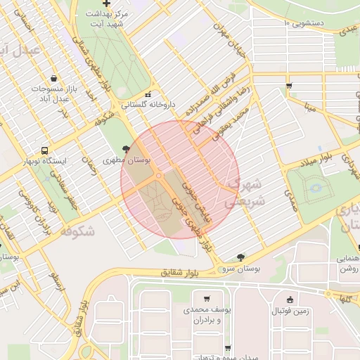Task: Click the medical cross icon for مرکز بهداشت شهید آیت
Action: point(106,4)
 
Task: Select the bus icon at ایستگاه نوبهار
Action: point(45,150)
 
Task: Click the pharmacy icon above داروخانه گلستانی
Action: point(148,94)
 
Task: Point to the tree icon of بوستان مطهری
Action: point(126,149)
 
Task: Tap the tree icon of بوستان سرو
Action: point(241,257)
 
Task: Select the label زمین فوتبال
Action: point(294,310)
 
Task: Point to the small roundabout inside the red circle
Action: point(160,175)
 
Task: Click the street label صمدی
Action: point(291,200)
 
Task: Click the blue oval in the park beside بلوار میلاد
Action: point(316,188)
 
